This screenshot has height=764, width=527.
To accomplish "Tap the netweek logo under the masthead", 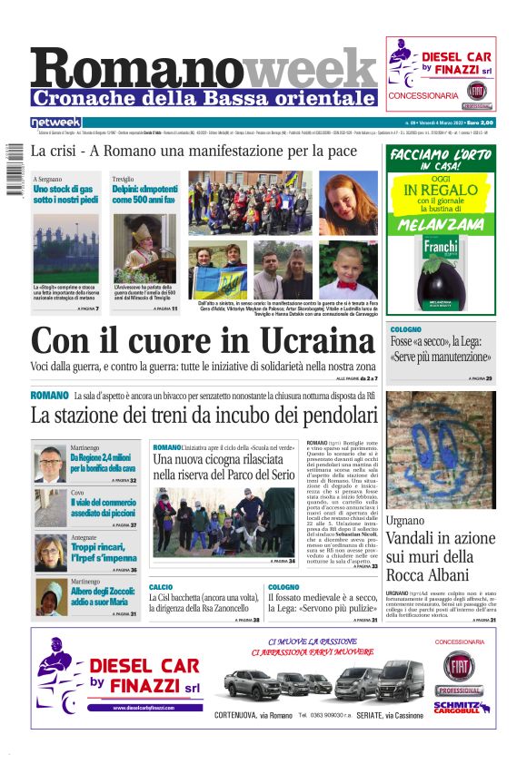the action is (55, 122).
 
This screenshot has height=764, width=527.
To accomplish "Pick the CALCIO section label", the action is (161, 587).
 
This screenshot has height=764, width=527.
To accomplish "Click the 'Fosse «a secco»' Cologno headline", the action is (442, 349).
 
